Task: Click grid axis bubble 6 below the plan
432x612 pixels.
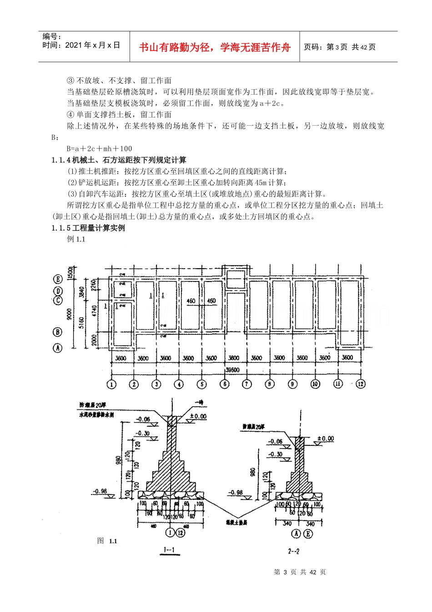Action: [x=225, y=384]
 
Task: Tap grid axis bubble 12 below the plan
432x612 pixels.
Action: [x=361, y=384]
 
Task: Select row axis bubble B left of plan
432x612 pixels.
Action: [x=58, y=332]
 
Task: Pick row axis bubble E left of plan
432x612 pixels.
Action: [x=58, y=279]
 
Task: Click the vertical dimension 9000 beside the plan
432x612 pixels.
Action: [x=69, y=314]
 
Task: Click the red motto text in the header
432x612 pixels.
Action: [x=215, y=47]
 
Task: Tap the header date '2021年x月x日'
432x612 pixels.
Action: [x=93, y=45]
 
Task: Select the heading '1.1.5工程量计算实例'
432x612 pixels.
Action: [x=88, y=228]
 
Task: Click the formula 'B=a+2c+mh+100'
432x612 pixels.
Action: [x=99, y=148]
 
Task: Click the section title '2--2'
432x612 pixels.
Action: [x=294, y=551]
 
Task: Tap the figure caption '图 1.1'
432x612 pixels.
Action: [x=107, y=541]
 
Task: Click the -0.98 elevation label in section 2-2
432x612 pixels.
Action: [x=236, y=492]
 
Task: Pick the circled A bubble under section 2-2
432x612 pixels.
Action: [x=296, y=534]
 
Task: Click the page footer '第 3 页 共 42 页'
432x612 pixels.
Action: [x=300, y=572]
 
